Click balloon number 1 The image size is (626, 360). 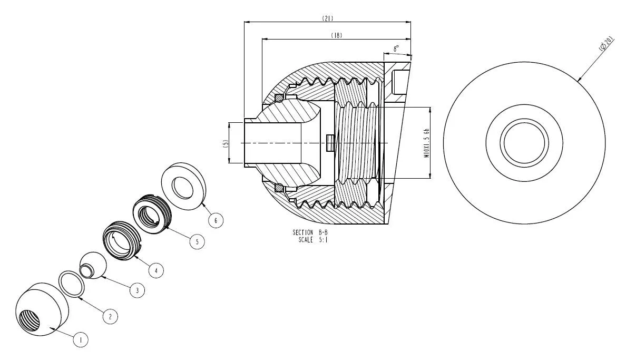(81, 340)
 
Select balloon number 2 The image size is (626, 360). (110, 317)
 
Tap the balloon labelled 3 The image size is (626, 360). (138, 290)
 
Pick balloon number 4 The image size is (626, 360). (156, 270)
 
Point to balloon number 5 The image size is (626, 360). (197, 241)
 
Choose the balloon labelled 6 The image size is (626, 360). (216, 220)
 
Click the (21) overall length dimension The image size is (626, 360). (328, 18)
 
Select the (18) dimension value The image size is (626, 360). (337, 35)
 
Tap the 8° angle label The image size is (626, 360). (396, 48)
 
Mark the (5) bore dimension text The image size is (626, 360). (226, 143)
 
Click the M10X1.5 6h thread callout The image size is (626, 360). (426, 143)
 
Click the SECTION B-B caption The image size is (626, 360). (310, 232)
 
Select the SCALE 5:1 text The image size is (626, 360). (313, 240)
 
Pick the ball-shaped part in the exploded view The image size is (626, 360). (94, 265)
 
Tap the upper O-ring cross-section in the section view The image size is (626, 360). (279, 98)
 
